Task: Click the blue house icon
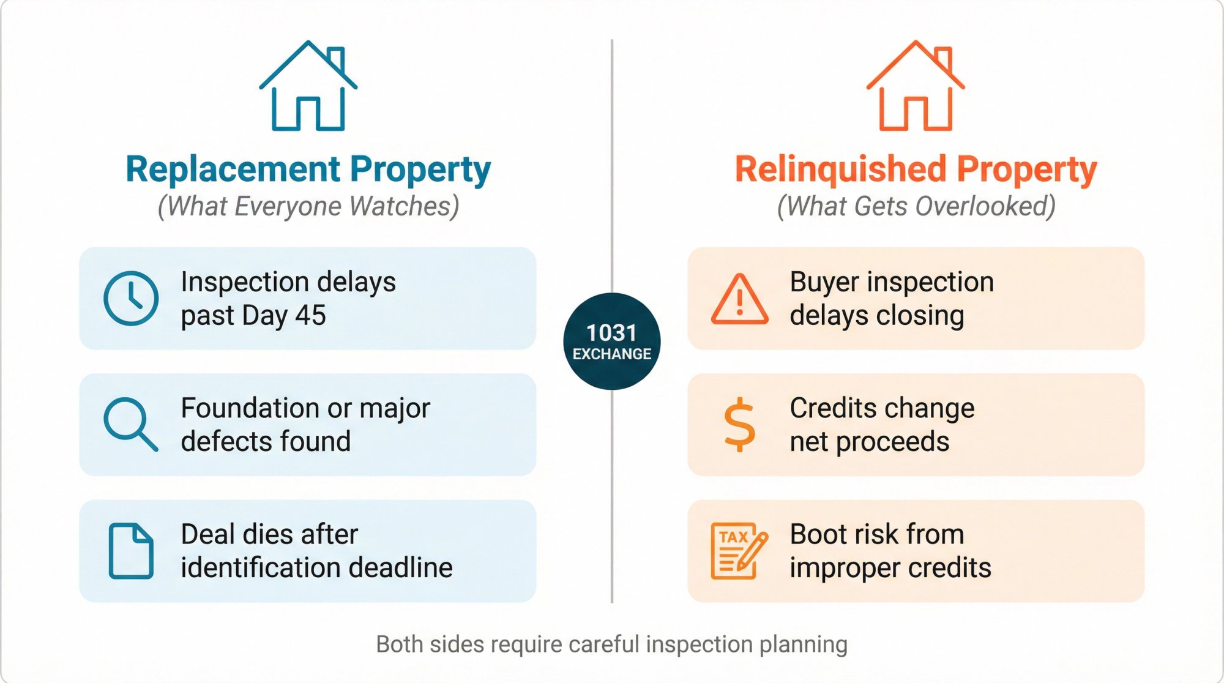point(308,87)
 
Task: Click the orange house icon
point(916,87)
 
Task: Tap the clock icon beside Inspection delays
point(131,298)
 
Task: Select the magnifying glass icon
point(130,424)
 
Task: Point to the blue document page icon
point(131,551)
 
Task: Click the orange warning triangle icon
point(739,299)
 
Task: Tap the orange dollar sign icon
point(739,424)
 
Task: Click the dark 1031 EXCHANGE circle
point(612,341)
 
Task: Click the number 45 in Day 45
point(310,316)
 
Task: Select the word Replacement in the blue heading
point(233,170)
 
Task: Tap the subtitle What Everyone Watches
point(308,206)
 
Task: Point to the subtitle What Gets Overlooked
point(916,206)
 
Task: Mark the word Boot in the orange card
point(817,534)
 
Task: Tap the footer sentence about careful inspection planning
point(612,644)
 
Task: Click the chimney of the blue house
point(335,59)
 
